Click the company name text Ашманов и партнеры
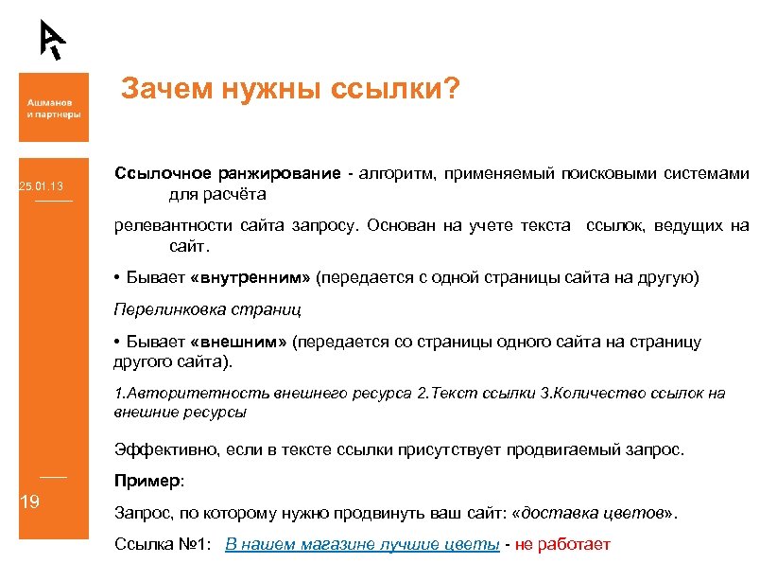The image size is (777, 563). (53, 107)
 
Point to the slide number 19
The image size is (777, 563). (29, 501)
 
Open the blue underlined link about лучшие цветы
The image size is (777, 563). (363, 544)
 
